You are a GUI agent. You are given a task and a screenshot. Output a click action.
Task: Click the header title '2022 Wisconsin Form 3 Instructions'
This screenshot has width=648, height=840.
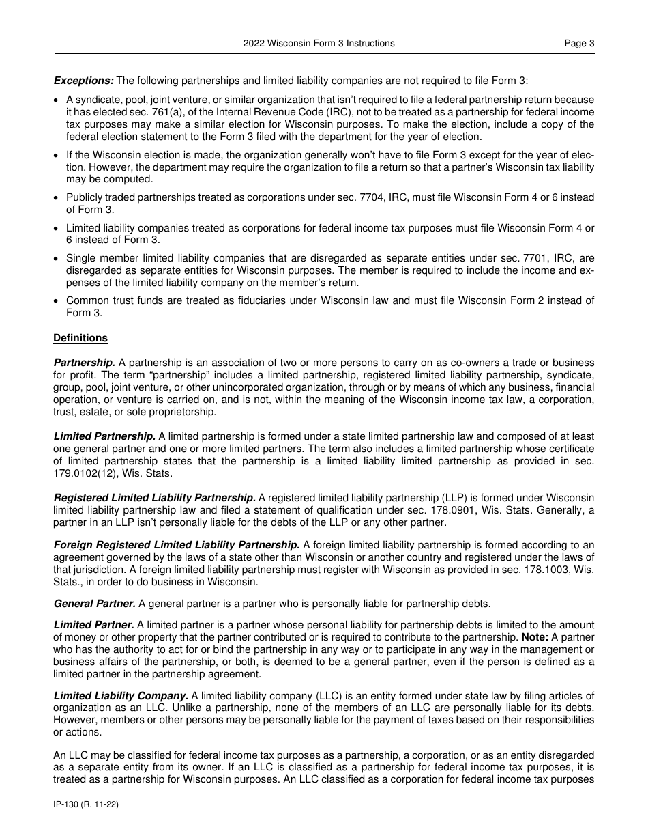319,43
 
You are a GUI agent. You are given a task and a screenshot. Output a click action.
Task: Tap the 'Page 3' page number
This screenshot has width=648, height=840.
579,43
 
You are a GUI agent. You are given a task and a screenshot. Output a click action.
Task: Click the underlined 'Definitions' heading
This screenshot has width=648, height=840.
80,338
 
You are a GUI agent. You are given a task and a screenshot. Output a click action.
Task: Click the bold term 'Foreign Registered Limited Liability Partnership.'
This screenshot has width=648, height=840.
177,544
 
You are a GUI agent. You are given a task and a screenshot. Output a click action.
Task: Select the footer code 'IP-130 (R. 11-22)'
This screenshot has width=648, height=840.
86,805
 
